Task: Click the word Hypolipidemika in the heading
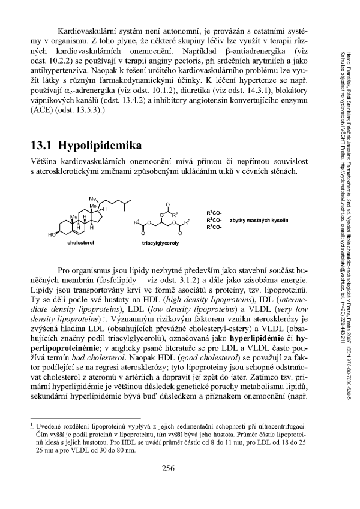pyautogui.click(x=98, y=147)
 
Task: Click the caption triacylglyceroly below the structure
pyautogui.click(x=159, y=245)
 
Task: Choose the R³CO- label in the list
pyautogui.click(x=214, y=228)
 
